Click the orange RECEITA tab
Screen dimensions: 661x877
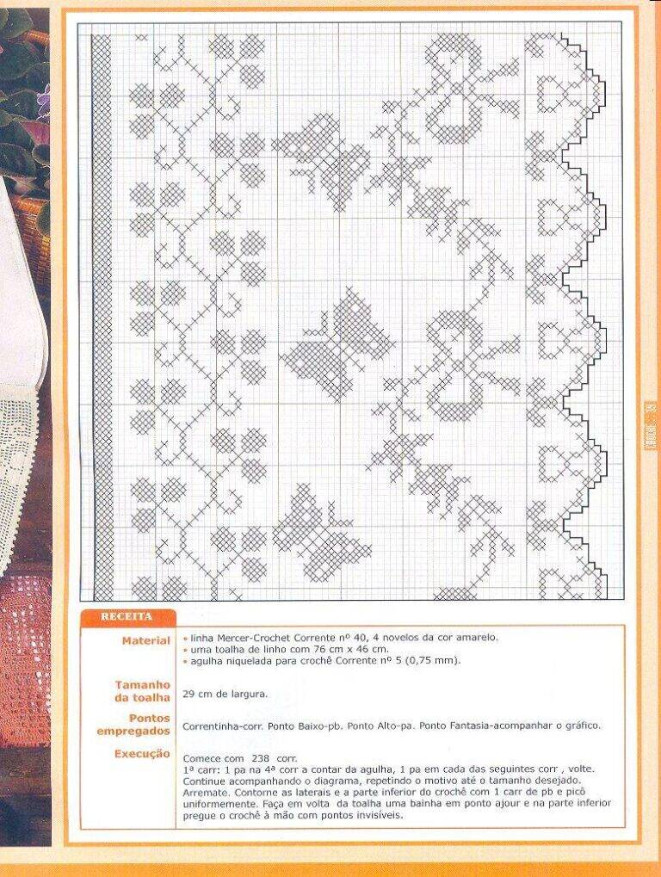click(x=127, y=617)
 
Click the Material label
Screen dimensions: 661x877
click(x=145, y=641)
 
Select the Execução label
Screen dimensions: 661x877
click(x=142, y=754)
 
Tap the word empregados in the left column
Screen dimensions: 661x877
click(x=133, y=732)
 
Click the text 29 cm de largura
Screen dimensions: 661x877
click(x=225, y=694)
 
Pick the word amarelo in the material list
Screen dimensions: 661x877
click(x=479, y=637)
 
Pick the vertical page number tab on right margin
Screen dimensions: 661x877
click(x=651, y=426)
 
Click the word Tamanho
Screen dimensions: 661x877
click(x=143, y=684)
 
